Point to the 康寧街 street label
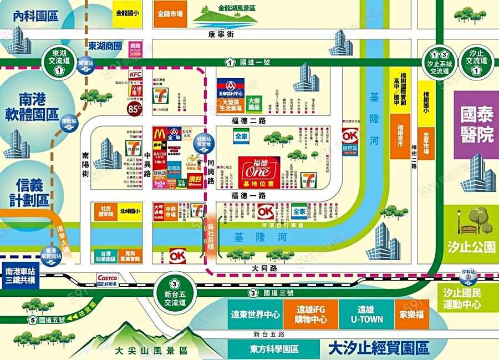point(221,34)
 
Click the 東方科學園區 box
point(274,349)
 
